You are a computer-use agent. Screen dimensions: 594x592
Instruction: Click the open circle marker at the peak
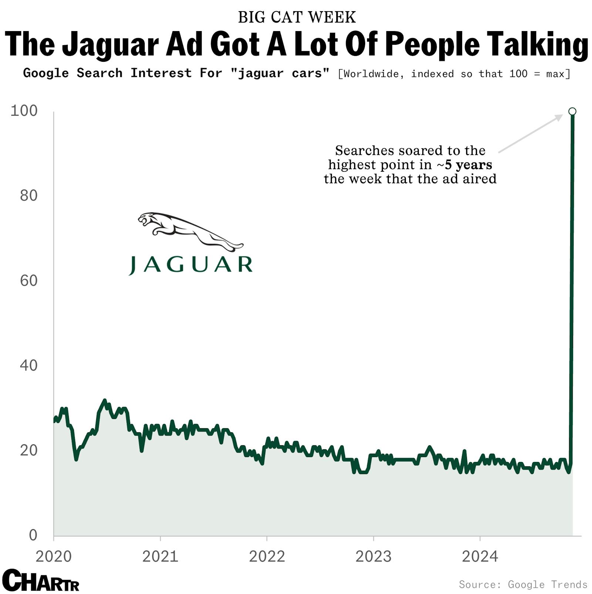pyautogui.click(x=572, y=111)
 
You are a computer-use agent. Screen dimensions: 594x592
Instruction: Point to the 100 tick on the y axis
pyautogui.click(x=24, y=111)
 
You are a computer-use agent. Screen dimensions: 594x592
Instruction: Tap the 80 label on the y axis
pyautogui.click(x=28, y=196)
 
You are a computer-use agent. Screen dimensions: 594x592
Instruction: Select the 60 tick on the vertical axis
pyautogui.click(x=28, y=281)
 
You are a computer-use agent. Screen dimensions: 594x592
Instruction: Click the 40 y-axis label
pyautogui.click(x=28, y=366)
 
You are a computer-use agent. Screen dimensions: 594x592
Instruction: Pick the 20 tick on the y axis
pyautogui.click(x=28, y=450)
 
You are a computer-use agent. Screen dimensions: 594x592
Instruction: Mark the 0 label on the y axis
pyautogui.click(x=33, y=535)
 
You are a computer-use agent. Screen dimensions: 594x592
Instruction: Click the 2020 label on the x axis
pyautogui.click(x=54, y=556)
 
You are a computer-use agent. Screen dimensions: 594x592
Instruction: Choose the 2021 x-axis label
pyautogui.click(x=160, y=556)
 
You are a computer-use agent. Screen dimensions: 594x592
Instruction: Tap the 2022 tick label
pyautogui.click(x=267, y=556)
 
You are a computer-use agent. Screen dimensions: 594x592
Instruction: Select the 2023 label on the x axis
pyautogui.click(x=373, y=556)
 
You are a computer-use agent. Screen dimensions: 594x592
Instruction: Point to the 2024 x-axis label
pyautogui.click(x=480, y=556)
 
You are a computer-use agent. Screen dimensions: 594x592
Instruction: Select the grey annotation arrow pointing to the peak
pyautogui.click(x=530, y=134)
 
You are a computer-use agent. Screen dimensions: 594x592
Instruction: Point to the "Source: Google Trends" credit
pyautogui.click(x=523, y=584)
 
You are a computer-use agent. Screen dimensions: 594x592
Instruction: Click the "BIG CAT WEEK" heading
pyautogui.click(x=296, y=17)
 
